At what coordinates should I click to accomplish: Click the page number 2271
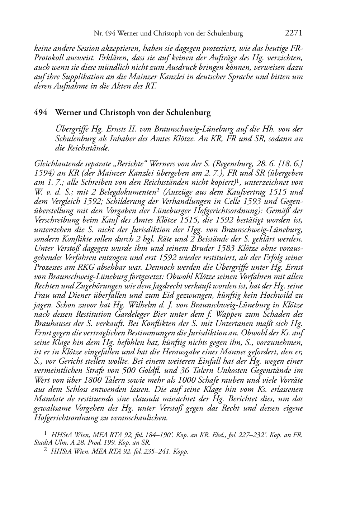(293, 33)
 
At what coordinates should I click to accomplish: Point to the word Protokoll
(49, 58)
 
